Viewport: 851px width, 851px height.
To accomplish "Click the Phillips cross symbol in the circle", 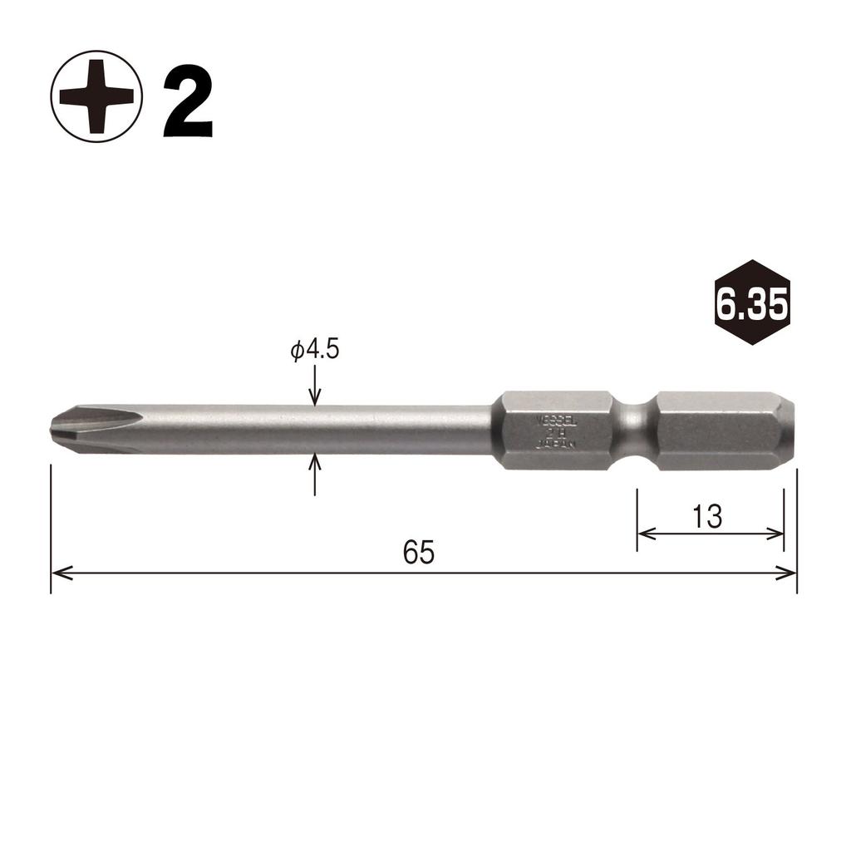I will point(96,97).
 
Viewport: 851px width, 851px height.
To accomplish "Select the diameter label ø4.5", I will point(315,350).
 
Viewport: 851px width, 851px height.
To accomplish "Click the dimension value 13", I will point(706,517).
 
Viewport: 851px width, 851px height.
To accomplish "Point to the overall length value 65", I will point(419,553).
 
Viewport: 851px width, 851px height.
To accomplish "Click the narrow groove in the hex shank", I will point(635,430).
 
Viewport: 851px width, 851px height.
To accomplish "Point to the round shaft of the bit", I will point(332,430).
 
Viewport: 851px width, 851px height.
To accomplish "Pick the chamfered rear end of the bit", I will point(788,430).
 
